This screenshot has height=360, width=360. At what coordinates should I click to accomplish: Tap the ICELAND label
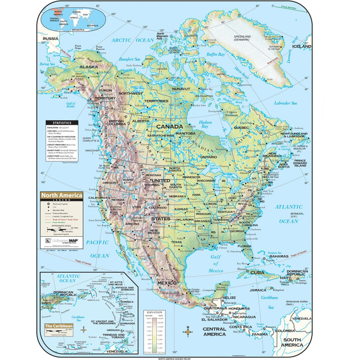301,47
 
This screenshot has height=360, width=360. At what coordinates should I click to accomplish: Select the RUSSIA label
51,38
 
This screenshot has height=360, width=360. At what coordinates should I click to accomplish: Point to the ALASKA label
88,66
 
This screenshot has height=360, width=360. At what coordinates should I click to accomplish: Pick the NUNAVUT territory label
181,88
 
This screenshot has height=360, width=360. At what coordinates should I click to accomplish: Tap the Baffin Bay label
215,55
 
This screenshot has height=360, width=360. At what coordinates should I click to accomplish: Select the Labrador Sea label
285,103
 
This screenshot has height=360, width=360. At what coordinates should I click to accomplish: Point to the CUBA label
256,273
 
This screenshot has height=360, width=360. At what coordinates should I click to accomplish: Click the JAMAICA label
258,290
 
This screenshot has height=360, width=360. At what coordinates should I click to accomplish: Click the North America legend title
61,195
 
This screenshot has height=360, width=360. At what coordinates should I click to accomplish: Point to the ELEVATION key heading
154,310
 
